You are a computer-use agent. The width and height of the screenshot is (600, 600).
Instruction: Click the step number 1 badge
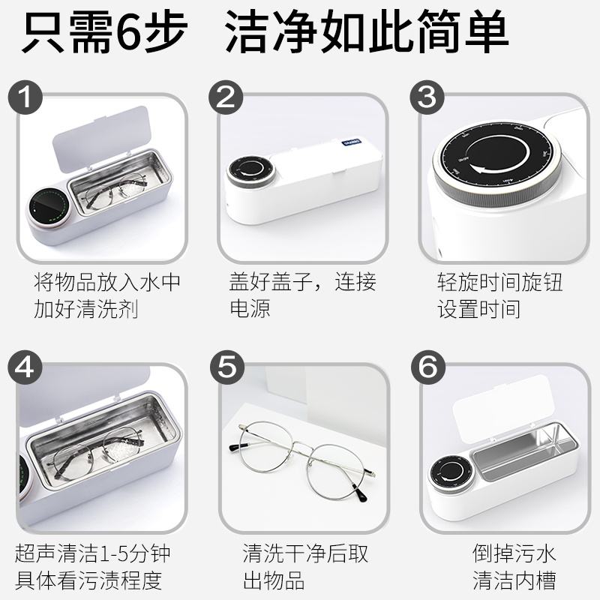tap(25, 97)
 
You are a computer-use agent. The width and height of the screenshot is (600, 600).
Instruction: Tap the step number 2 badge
tap(226, 97)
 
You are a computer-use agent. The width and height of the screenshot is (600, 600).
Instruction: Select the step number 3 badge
tap(427, 97)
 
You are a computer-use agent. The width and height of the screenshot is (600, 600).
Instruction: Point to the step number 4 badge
tap(25, 367)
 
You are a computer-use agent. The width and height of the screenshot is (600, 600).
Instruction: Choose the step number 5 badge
tap(227, 367)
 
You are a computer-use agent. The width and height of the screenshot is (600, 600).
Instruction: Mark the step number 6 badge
tap(428, 367)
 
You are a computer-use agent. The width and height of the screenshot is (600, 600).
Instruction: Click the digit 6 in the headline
tap(128, 31)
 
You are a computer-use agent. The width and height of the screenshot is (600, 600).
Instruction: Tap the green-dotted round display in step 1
tap(49, 208)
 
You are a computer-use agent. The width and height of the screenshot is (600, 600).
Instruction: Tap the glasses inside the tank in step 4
tap(97, 453)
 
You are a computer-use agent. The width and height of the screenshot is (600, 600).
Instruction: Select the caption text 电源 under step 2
tap(250, 308)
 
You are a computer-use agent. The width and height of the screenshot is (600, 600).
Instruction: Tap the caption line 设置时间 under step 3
tap(478, 309)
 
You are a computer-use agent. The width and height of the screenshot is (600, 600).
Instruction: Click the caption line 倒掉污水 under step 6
tap(514, 553)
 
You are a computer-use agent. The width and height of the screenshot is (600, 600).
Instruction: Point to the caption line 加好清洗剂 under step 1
tap(86, 309)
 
